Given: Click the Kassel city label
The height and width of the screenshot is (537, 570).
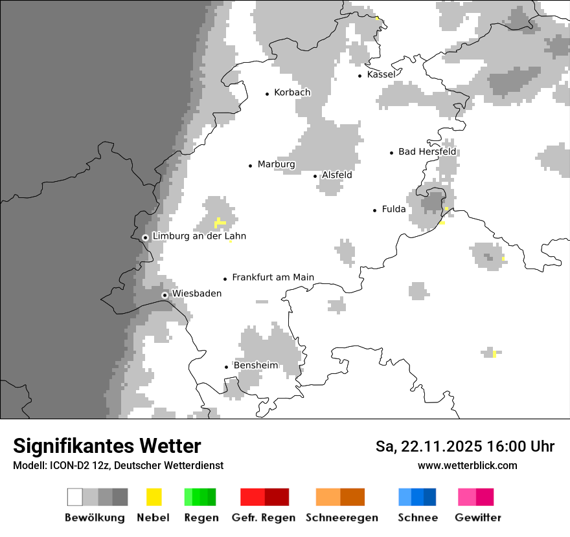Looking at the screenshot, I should click(381, 74).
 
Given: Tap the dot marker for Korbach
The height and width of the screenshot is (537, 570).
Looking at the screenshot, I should click(267, 94).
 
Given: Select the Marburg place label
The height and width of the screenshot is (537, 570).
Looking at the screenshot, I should click(276, 164).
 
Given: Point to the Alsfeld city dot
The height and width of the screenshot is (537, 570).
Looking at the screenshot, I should click(315, 176).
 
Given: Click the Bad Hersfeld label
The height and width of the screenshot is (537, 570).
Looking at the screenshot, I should click(427, 151).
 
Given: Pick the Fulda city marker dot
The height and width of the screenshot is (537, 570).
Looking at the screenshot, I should click(374, 210).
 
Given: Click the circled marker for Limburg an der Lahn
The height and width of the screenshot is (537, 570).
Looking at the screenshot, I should click(145, 237).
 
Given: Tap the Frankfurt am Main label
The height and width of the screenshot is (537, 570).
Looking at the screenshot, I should click(273, 278).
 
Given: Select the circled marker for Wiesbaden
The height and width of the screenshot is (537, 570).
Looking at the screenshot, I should click(165, 295).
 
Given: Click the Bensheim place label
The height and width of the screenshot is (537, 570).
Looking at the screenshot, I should click(255, 366).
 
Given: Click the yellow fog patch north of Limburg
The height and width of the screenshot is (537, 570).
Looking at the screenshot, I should click(220, 223).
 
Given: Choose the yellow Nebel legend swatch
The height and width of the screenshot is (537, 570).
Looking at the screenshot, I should click(154, 497).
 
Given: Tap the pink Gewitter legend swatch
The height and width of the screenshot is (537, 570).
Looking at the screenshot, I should click(467, 497).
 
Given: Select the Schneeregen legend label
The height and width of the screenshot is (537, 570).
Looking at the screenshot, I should click(341, 518).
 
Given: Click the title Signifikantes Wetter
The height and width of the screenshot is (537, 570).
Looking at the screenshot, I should click(107, 446).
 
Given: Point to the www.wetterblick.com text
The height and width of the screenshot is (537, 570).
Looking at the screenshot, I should click(467, 465).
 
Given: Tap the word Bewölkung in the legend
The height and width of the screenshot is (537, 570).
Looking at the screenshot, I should click(95, 518).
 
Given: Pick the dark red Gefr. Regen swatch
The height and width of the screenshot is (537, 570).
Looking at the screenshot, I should click(277, 497).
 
